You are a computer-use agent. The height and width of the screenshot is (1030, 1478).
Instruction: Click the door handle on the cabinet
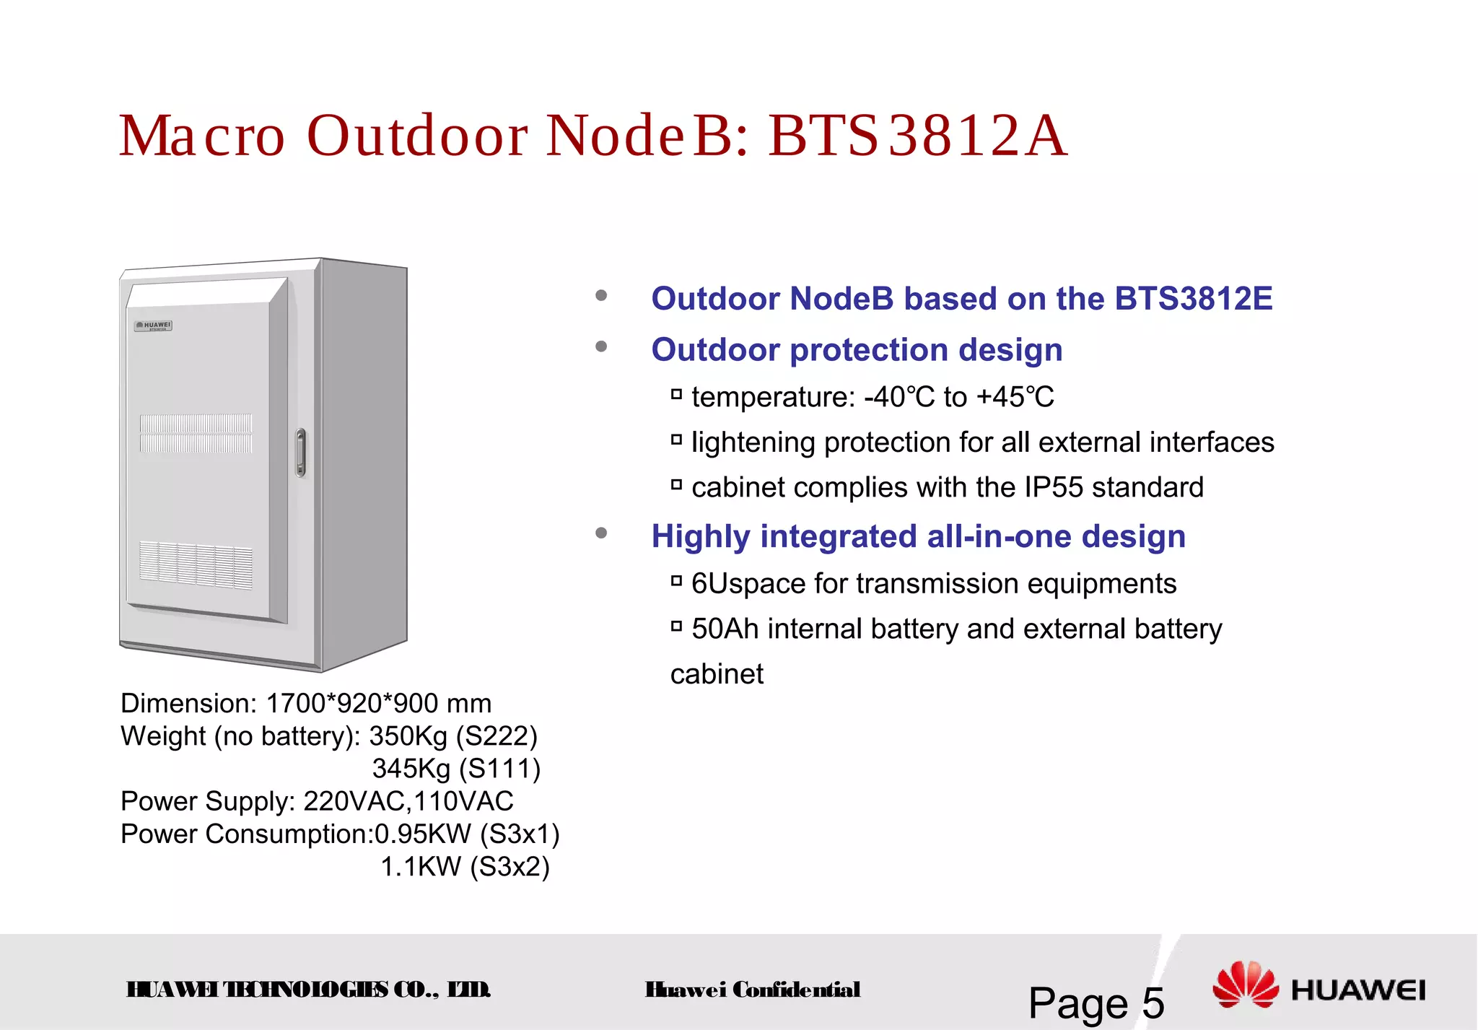[x=301, y=453]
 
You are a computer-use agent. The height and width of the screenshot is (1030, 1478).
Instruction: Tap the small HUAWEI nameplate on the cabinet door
[x=154, y=326]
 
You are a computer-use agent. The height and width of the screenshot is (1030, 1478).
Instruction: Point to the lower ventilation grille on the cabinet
[x=196, y=564]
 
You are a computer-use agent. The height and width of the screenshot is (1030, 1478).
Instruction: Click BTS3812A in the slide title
[x=917, y=136]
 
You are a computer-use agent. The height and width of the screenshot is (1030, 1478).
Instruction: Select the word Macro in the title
[x=203, y=136]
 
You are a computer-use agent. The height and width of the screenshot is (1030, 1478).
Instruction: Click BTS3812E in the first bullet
[x=1193, y=299]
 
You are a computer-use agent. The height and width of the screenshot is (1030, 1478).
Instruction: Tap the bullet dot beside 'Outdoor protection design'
[x=601, y=347]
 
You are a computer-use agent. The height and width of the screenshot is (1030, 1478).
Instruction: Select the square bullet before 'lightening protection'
[x=676, y=439]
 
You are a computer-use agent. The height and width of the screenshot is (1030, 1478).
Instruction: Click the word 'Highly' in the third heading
[x=701, y=537]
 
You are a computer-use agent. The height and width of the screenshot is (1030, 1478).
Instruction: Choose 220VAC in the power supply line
[x=355, y=801]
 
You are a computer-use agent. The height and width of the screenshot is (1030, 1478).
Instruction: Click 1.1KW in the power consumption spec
[x=420, y=866]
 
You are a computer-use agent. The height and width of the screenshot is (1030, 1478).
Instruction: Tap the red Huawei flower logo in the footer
[x=1246, y=985]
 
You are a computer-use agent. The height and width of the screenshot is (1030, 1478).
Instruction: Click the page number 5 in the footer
[x=1153, y=1003]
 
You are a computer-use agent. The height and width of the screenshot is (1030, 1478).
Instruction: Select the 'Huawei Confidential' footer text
[x=753, y=990]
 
